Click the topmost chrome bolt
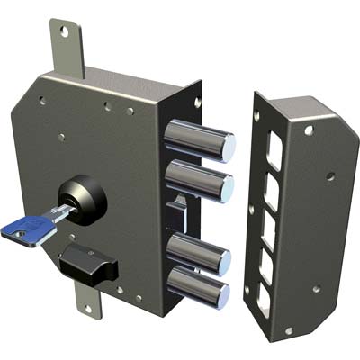(x=200, y=139)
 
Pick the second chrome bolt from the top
(x=200, y=179)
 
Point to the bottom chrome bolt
(x=198, y=288)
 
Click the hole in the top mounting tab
(x=63, y=31)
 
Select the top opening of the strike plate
(x=274, y=149)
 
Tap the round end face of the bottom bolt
(x=222, y=294)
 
